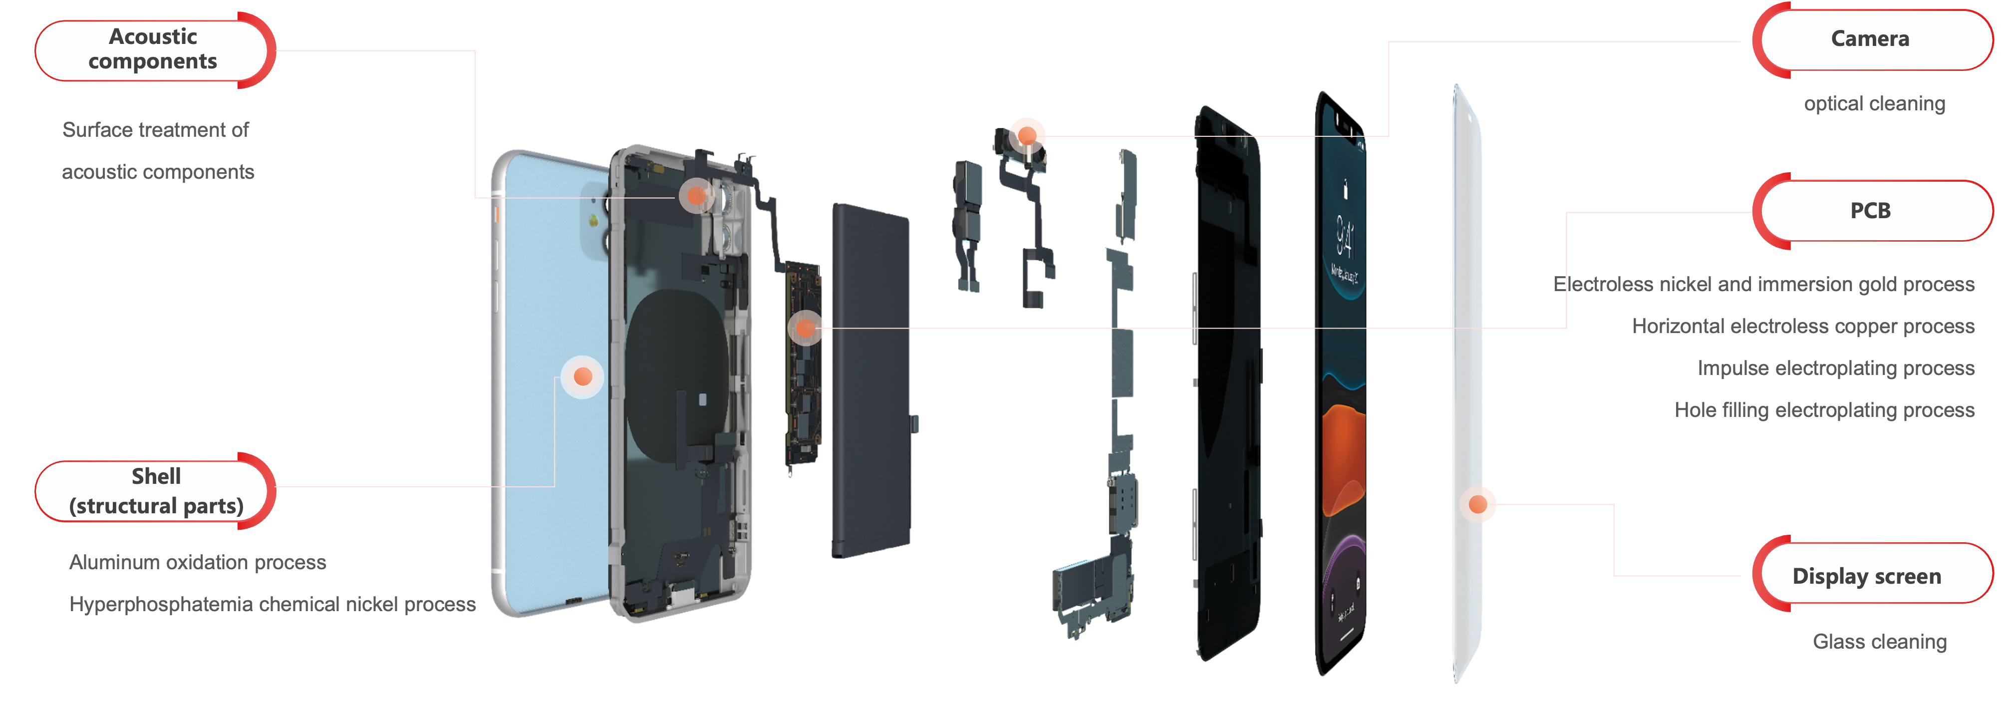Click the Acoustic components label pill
(x=154, y=50)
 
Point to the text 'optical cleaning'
(x=1874, y=103)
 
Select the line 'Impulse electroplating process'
(x=1836, y=368)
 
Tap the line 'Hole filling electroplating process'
(x=1824, y=410)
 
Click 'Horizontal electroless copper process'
(x=1803, y=326)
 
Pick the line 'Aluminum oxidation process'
(x=197, y=562)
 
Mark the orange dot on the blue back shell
(x=583, y=377)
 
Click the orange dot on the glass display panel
(x=1477, y=504)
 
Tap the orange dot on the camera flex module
(x=1027, y=136)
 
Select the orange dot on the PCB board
(x=806, y=329)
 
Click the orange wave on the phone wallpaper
(x=1343, y=457)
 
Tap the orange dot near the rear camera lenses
(x=696, y=196)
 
